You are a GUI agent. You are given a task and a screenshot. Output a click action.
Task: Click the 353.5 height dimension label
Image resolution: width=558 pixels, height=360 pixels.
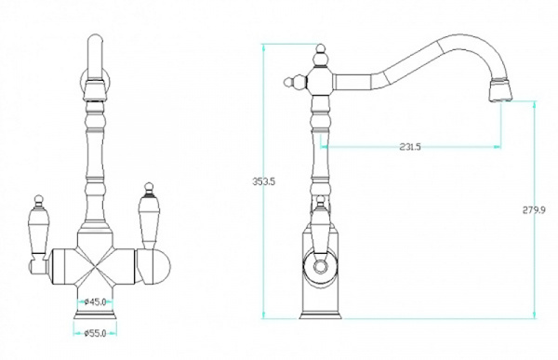coord(264,181)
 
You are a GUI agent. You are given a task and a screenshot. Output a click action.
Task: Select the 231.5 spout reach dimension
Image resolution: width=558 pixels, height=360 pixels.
coord(410,147)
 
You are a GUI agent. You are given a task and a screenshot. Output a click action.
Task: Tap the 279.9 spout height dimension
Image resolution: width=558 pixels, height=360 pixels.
coord(534,210)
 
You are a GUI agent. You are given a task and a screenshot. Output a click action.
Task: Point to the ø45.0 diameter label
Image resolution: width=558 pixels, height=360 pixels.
coord(96,302)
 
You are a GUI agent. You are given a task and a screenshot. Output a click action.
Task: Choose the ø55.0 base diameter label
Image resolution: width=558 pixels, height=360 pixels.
coord(96,333)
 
